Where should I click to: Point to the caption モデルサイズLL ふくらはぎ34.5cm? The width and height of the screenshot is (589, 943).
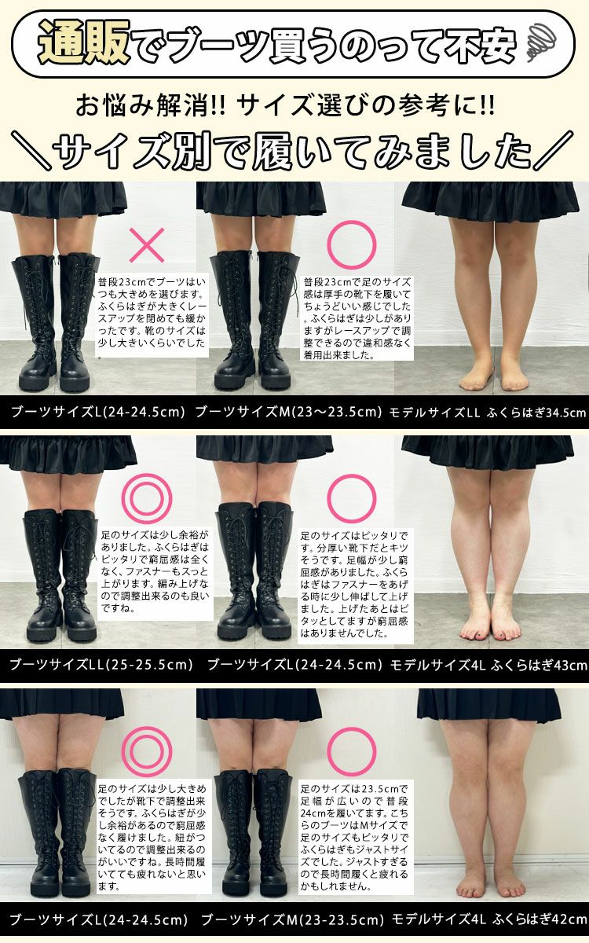(488, 412)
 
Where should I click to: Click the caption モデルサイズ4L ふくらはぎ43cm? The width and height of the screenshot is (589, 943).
(488, 665)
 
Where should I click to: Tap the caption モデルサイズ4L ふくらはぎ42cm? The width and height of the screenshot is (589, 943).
(488, 919)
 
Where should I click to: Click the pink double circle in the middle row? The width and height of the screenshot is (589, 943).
(146, 498)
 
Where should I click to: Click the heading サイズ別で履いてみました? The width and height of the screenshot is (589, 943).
(294, 149)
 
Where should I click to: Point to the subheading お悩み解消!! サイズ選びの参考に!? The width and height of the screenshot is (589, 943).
(294, 104)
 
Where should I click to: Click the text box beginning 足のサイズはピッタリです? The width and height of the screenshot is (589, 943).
(354, 585)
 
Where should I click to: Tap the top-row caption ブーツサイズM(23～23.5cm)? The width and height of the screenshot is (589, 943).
(288, 412)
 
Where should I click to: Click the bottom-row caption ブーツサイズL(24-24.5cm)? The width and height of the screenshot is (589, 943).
(98, 919)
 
